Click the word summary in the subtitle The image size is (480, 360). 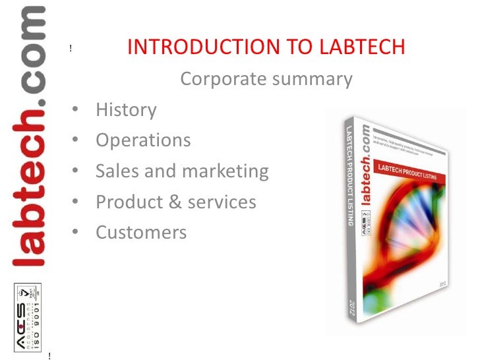[x=311, y=80]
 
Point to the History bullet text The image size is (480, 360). [x=126, y=109]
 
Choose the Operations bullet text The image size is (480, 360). [x=143, y=140]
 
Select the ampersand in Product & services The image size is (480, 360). [x=175, y=202]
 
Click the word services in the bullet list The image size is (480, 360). [x=223, y=202]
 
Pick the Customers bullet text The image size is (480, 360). [x=141, y=233]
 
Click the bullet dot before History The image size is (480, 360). [x=76, y=109]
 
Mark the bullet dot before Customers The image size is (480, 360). [x=76, y=233]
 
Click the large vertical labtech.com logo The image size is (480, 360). [x=28, y=135]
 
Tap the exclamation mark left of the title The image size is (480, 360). [x=70, y=48]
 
